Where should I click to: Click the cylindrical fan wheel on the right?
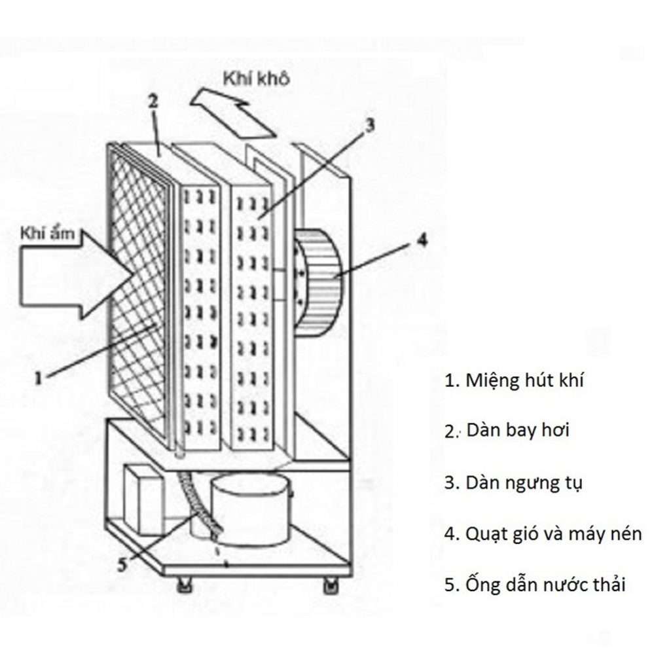click(321, 281)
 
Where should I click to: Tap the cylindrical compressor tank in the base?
click(251, 507)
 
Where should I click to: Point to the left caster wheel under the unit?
click(183, 585)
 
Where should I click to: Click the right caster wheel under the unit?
click(331, 585)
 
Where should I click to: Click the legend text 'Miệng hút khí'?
click(513, 380)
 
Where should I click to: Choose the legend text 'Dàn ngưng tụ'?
click(513, 483)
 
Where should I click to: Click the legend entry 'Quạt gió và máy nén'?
click(543, 534)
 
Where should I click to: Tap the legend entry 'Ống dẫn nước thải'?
click(534, 584)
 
